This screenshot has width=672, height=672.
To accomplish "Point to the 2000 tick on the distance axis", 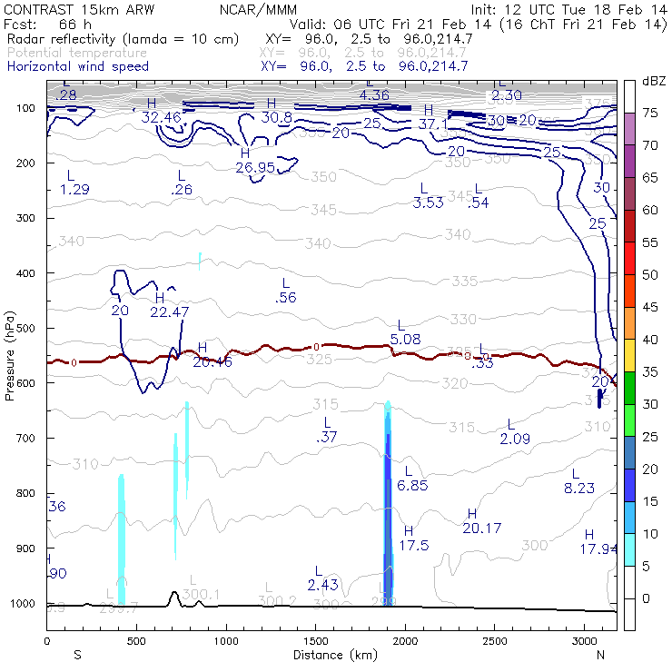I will [405, 641].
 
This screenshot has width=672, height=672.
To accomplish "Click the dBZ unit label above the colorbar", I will [653, 81].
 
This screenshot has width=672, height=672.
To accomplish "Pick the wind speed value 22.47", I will [170, 311].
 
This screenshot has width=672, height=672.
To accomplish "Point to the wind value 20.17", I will [482, 528].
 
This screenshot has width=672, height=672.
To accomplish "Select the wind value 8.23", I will [578, 488].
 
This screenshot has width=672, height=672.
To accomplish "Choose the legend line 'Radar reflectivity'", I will [123, 39].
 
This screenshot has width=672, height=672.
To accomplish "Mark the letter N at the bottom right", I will [600, 654].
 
